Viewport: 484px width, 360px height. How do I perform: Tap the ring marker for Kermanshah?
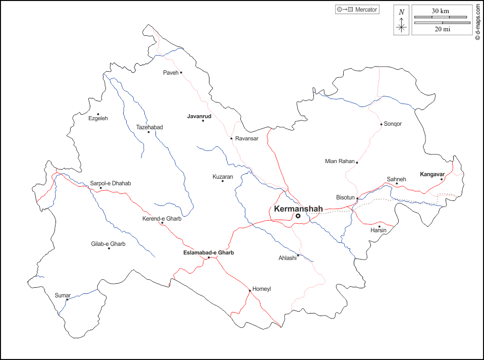click(298, 216)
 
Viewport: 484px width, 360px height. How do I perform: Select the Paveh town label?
click(171, 73)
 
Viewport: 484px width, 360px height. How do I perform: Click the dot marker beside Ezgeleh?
click(98, 114)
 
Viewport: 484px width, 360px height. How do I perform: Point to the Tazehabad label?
click(149, 127)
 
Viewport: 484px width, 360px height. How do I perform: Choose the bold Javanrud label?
click(199, 116)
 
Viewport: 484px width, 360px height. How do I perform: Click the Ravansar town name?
click(247, 138)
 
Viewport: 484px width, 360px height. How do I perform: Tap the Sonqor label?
click(393, 124)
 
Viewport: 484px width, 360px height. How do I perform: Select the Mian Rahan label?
click(340, 162)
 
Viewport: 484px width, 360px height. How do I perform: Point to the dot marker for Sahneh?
click(397, 184)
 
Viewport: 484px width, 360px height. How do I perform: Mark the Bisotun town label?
click(346, 197)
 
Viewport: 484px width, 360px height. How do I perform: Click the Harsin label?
click(379, 230)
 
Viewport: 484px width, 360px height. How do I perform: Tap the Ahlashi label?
click(287, 258)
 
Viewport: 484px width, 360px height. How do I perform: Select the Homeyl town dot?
click(249, 291)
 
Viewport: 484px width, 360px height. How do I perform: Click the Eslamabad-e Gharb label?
click(208, 252)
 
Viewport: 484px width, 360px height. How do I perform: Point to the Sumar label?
click(63, 295)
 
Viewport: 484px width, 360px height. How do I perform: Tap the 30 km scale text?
click(441, 11)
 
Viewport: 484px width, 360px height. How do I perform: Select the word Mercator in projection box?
click(366, 10)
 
